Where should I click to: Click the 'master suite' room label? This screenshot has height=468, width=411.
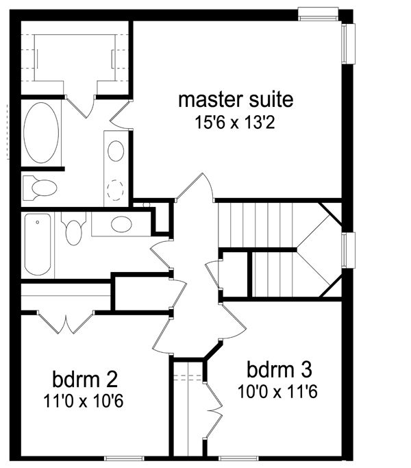point(236,99)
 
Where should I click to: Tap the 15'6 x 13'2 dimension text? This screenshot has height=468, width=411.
point(235,123)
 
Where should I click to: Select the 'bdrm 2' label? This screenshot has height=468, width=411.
point(85,379)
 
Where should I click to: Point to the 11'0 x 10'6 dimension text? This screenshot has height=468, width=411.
point(84,401)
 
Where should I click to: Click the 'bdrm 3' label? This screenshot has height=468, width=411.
point(279,369)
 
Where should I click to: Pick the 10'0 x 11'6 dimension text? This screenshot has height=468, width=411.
point(277,391)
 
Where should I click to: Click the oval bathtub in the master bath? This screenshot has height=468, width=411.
point(41,133)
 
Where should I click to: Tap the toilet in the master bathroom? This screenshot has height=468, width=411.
point(40,188)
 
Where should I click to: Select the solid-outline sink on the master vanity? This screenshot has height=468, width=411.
point(116,151)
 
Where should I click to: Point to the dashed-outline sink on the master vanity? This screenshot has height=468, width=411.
point(115,190)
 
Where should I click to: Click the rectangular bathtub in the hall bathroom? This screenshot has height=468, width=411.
point(38,244)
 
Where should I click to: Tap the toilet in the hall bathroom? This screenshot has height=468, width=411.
point(73,229)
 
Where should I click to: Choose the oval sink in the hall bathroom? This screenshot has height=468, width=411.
point(121,224)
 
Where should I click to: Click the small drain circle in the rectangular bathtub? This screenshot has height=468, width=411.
point(37,223)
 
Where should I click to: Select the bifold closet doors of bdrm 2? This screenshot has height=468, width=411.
point(65,322)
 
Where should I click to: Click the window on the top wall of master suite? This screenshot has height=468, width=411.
point(318,14)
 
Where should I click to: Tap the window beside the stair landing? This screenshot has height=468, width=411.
point(348,250)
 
